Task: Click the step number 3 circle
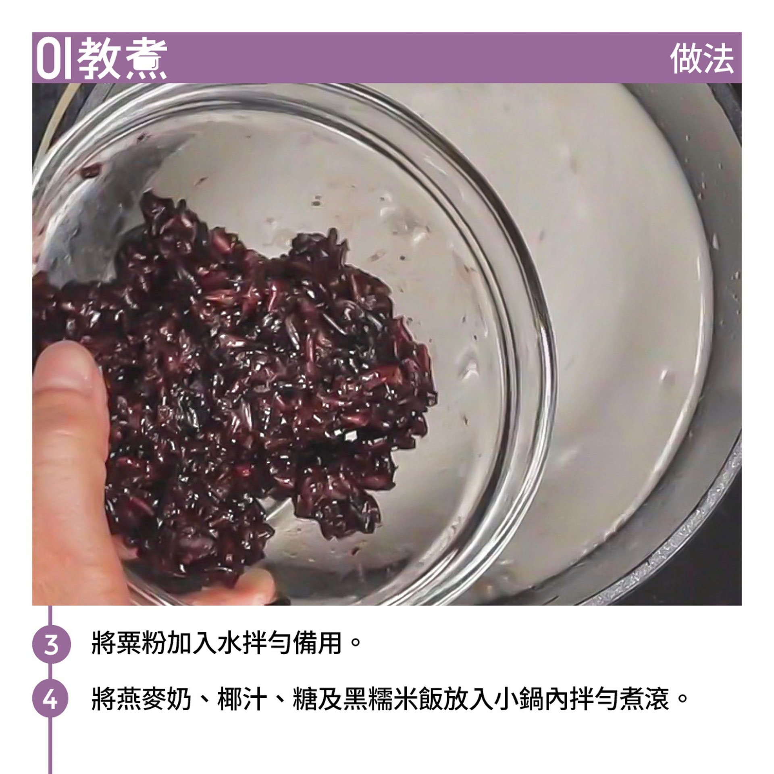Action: pyautogui.click(x=51, y=644)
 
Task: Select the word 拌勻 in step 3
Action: pyautogui.click(x=268, y=644)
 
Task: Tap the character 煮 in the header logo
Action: pyautogui.click(x=145, y=60)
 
